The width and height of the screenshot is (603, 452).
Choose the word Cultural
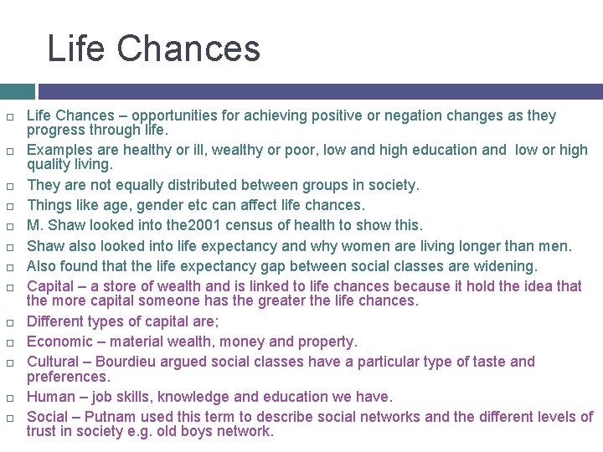pyautogui.click(x=55, y=362)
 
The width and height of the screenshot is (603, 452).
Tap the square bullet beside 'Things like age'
pyautogui.click(x=11, y=206)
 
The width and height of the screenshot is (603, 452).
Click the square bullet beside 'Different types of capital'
pyautogui.click(x=11, y=322)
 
